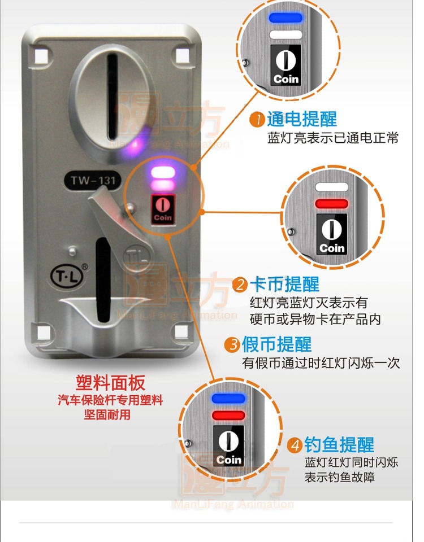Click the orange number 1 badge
257,120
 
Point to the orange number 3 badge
233,344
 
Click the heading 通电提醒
301,119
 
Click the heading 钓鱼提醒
339,445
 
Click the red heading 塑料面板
111,383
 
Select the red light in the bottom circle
229,416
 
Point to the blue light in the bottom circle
229,399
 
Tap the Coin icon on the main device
162,209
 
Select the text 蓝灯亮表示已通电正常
333,138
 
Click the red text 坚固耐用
111,415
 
